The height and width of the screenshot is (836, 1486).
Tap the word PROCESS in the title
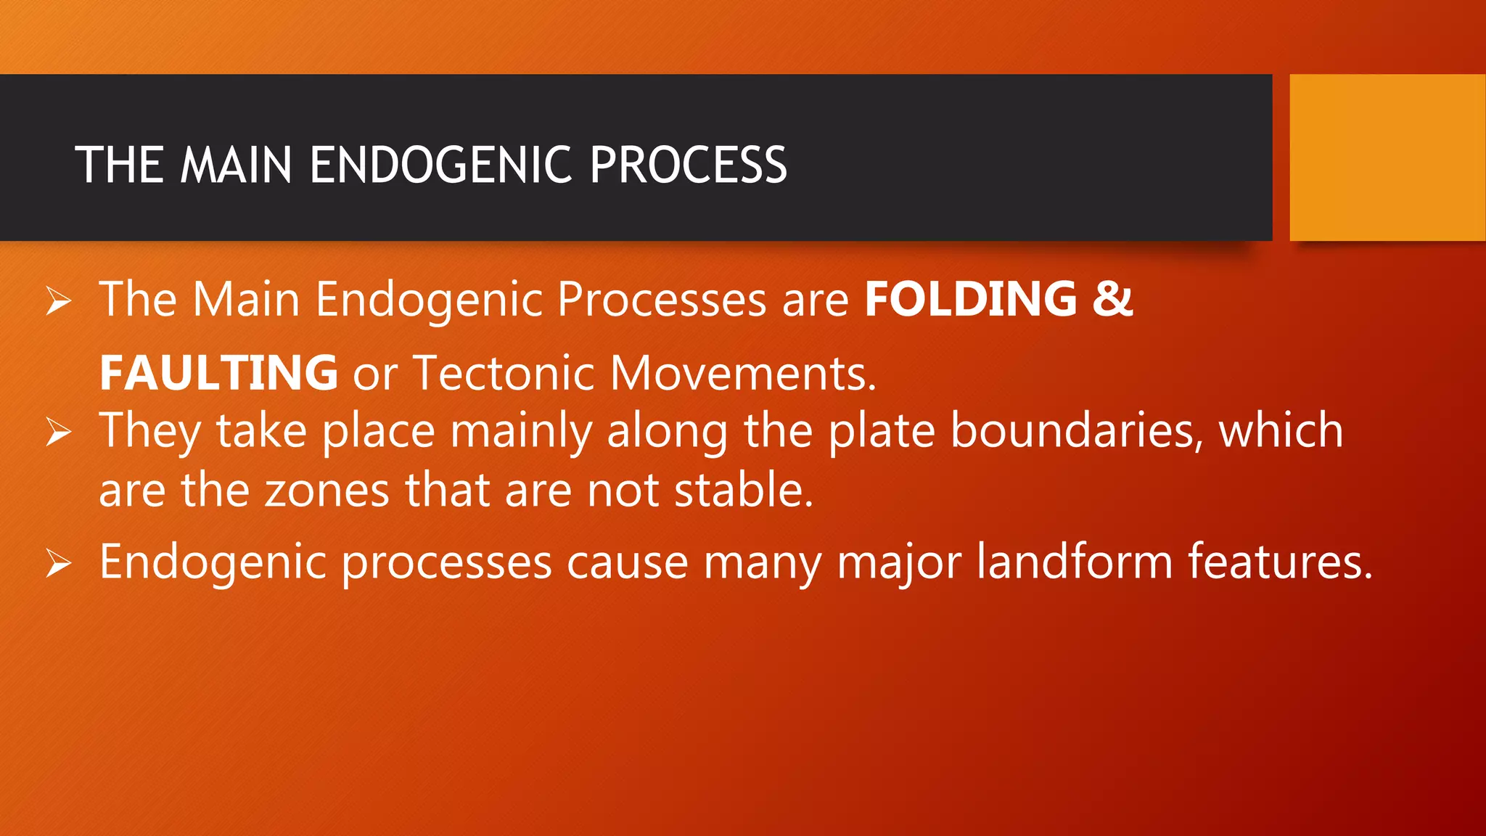pyautogui.click(x=688, y=165)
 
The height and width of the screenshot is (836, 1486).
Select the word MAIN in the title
pyautogui.click(x=236, y=165)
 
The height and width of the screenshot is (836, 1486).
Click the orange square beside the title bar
pyautogui.click(x=1387, y=157)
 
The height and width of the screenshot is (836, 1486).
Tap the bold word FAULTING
pyautogui.click(x=218, y=372)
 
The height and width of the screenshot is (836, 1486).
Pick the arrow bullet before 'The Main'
pyautogui.click(x=59, y=300)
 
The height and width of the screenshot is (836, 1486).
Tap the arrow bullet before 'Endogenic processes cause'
pyautogui.click(x=59, y=563)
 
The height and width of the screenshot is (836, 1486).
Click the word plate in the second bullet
pyautogui.click(x=882, y=431)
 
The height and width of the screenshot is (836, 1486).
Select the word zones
pyautogui.click(x=327, y=490)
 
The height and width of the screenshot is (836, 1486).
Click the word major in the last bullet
pyautogui.click(x=899, y=562)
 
